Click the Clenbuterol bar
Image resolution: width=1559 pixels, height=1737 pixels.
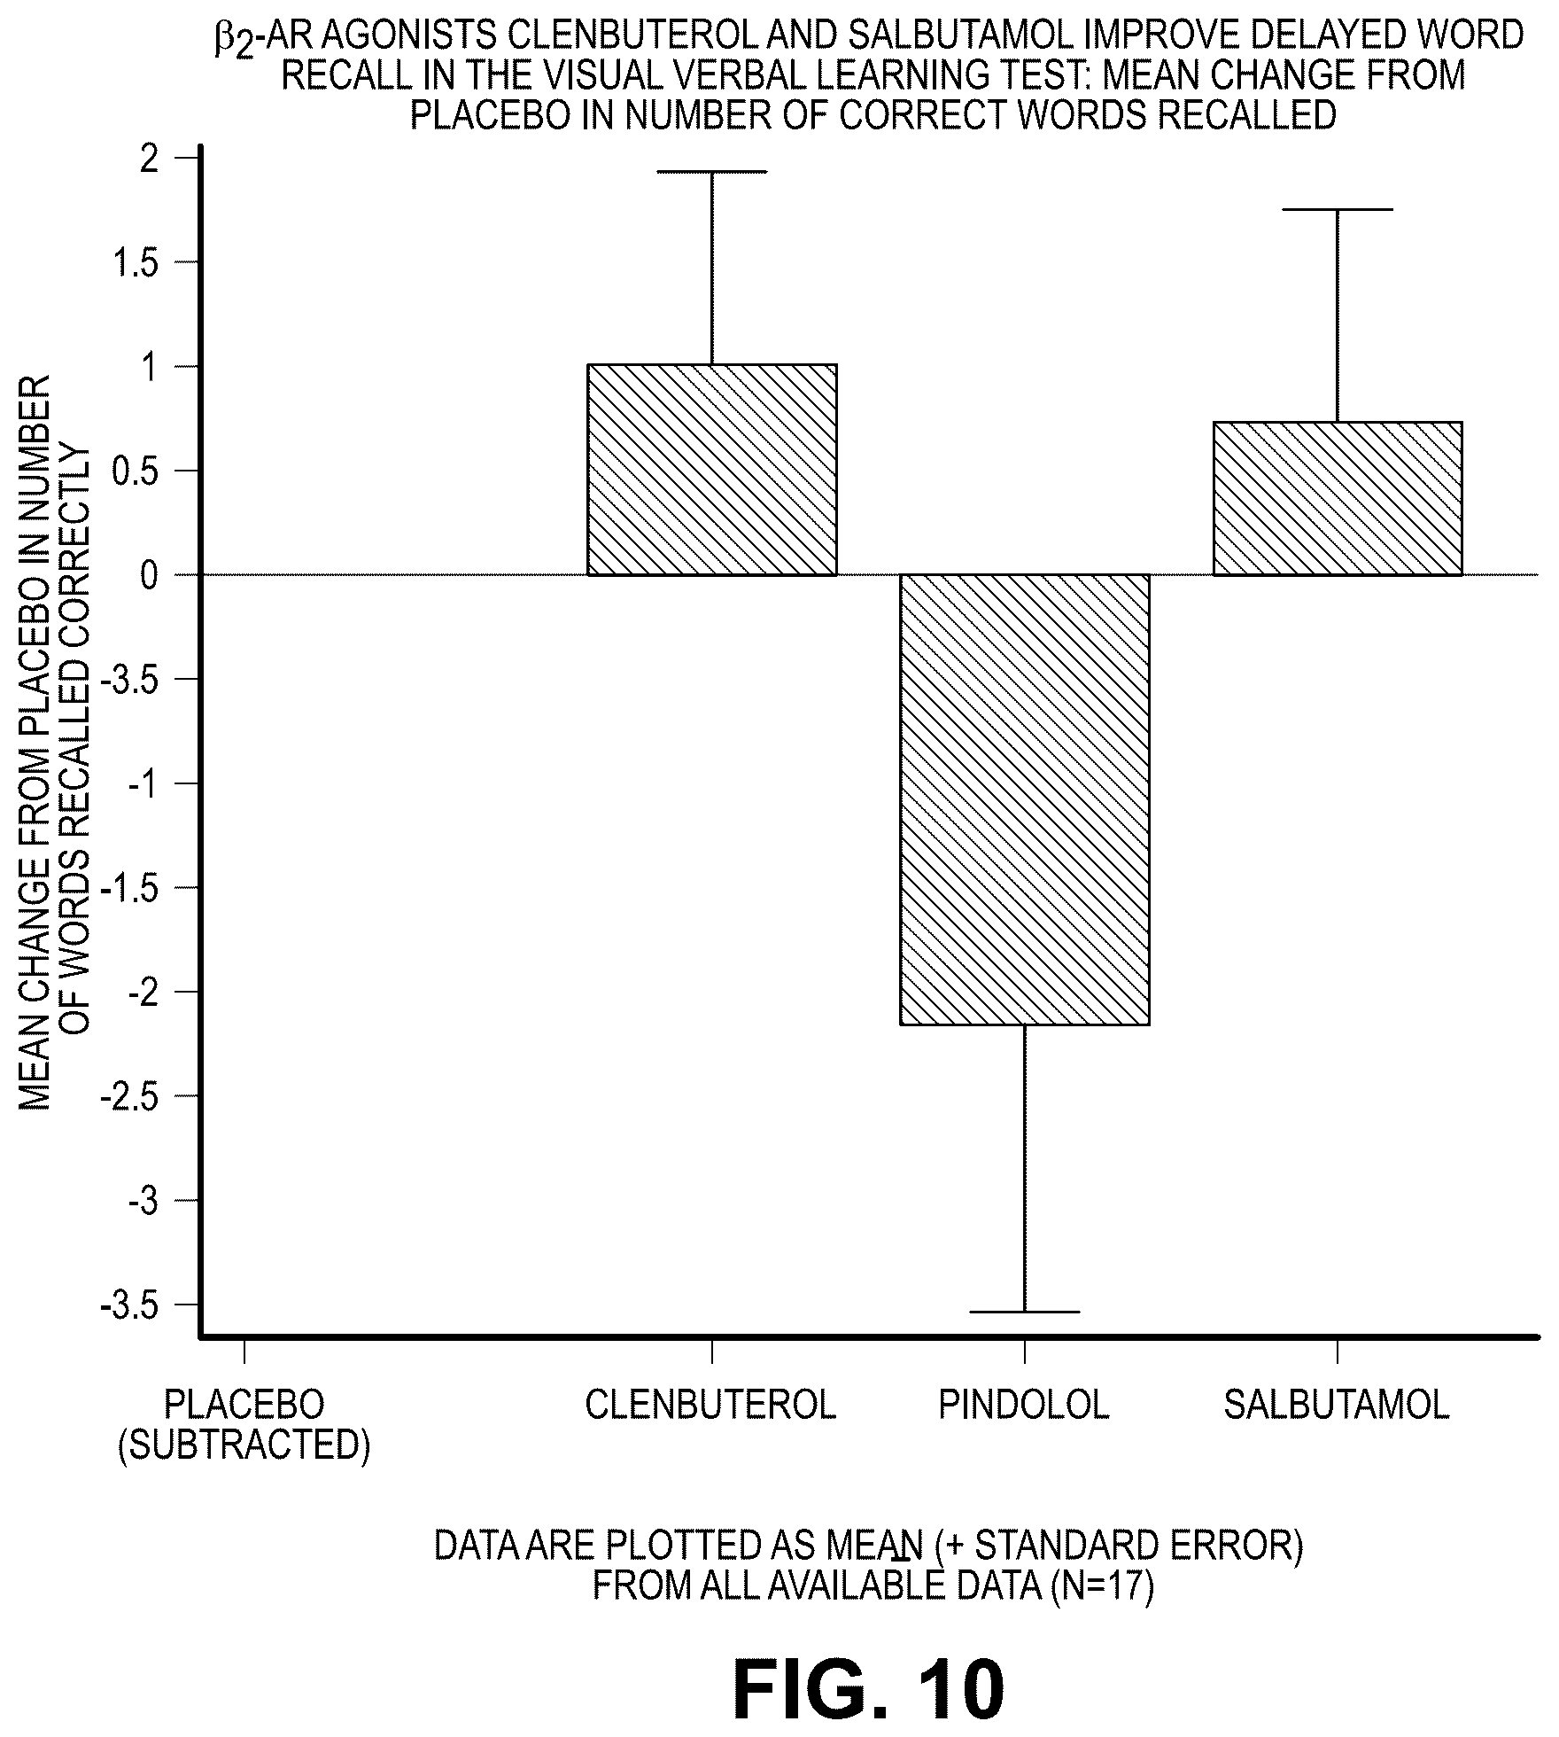tap(712, 470)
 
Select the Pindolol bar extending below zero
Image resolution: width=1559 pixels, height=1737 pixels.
tap(1025, 799)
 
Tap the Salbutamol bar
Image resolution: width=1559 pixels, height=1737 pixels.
tap(1338, 498)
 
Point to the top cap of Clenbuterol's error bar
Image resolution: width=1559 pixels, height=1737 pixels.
tap(712, 171)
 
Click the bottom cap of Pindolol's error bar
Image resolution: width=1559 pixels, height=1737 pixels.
tap(1025, 1311)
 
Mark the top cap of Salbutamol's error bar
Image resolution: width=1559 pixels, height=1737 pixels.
tap(1338, 209)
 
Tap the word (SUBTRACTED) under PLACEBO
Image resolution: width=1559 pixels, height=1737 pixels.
tap(244, 1445)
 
